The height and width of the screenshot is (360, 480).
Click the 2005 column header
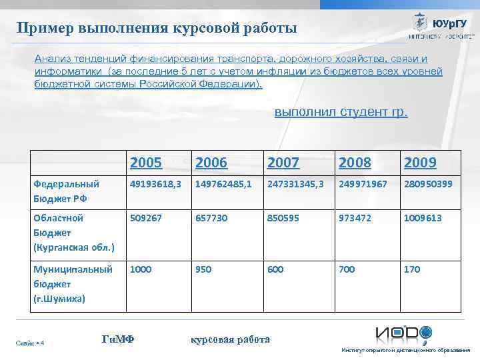146,162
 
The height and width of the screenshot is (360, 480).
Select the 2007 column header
283,162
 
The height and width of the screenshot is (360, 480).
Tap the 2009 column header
420,162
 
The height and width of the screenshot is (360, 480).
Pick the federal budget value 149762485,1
223,183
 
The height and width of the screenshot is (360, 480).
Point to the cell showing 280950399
427,183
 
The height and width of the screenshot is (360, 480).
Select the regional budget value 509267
146,218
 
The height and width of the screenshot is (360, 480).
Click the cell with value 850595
284,218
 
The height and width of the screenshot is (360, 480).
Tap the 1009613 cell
422,218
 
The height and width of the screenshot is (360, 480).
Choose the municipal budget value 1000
141,269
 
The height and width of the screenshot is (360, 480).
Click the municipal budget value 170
411,269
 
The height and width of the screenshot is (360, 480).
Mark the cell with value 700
347,269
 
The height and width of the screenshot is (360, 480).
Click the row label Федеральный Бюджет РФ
66,191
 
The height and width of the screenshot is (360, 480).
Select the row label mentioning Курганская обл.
74,233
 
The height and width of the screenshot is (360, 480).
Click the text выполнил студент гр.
341,111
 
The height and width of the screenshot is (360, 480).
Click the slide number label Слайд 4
29,343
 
